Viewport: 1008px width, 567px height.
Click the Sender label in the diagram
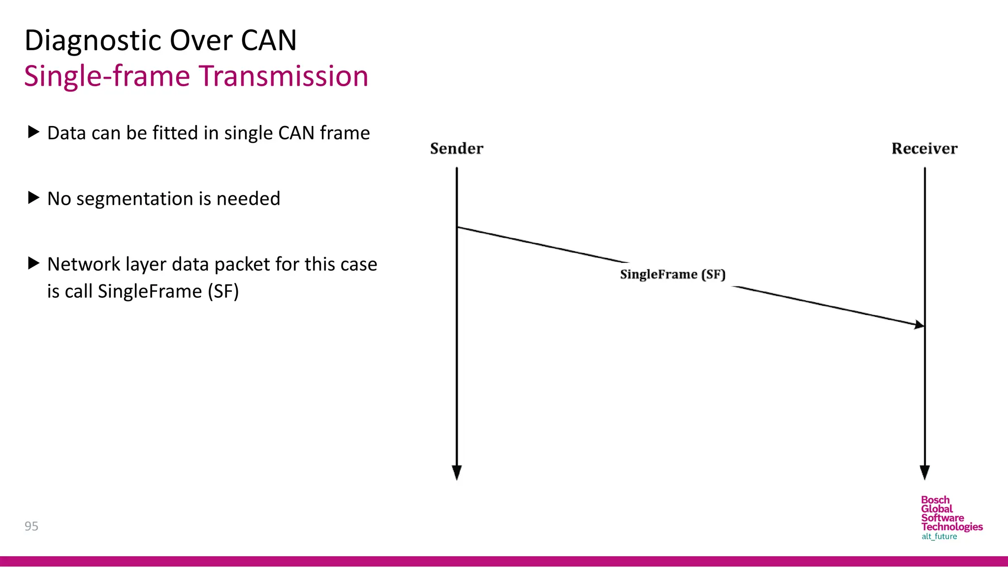(x=456, y=149)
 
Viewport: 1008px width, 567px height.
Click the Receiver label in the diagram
(x=924, y=149)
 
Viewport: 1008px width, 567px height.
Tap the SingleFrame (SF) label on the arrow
(x=672, y=275)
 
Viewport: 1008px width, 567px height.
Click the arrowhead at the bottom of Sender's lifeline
(x=457, y=472)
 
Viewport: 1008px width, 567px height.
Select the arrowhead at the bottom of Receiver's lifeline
(x=925, y=472)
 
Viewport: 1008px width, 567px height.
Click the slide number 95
(x=31, y=526)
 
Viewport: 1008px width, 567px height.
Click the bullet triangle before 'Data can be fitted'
(x=33, y=132)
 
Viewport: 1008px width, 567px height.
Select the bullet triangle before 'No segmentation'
(x=33, y=198)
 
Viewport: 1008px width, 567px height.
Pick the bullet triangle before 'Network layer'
(x=33, y=263)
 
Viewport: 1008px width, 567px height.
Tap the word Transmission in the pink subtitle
(x=283, y=77)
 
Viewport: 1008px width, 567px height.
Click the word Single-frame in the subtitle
(x=107, y=77)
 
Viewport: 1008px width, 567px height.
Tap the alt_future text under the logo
(x=939, y=536)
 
